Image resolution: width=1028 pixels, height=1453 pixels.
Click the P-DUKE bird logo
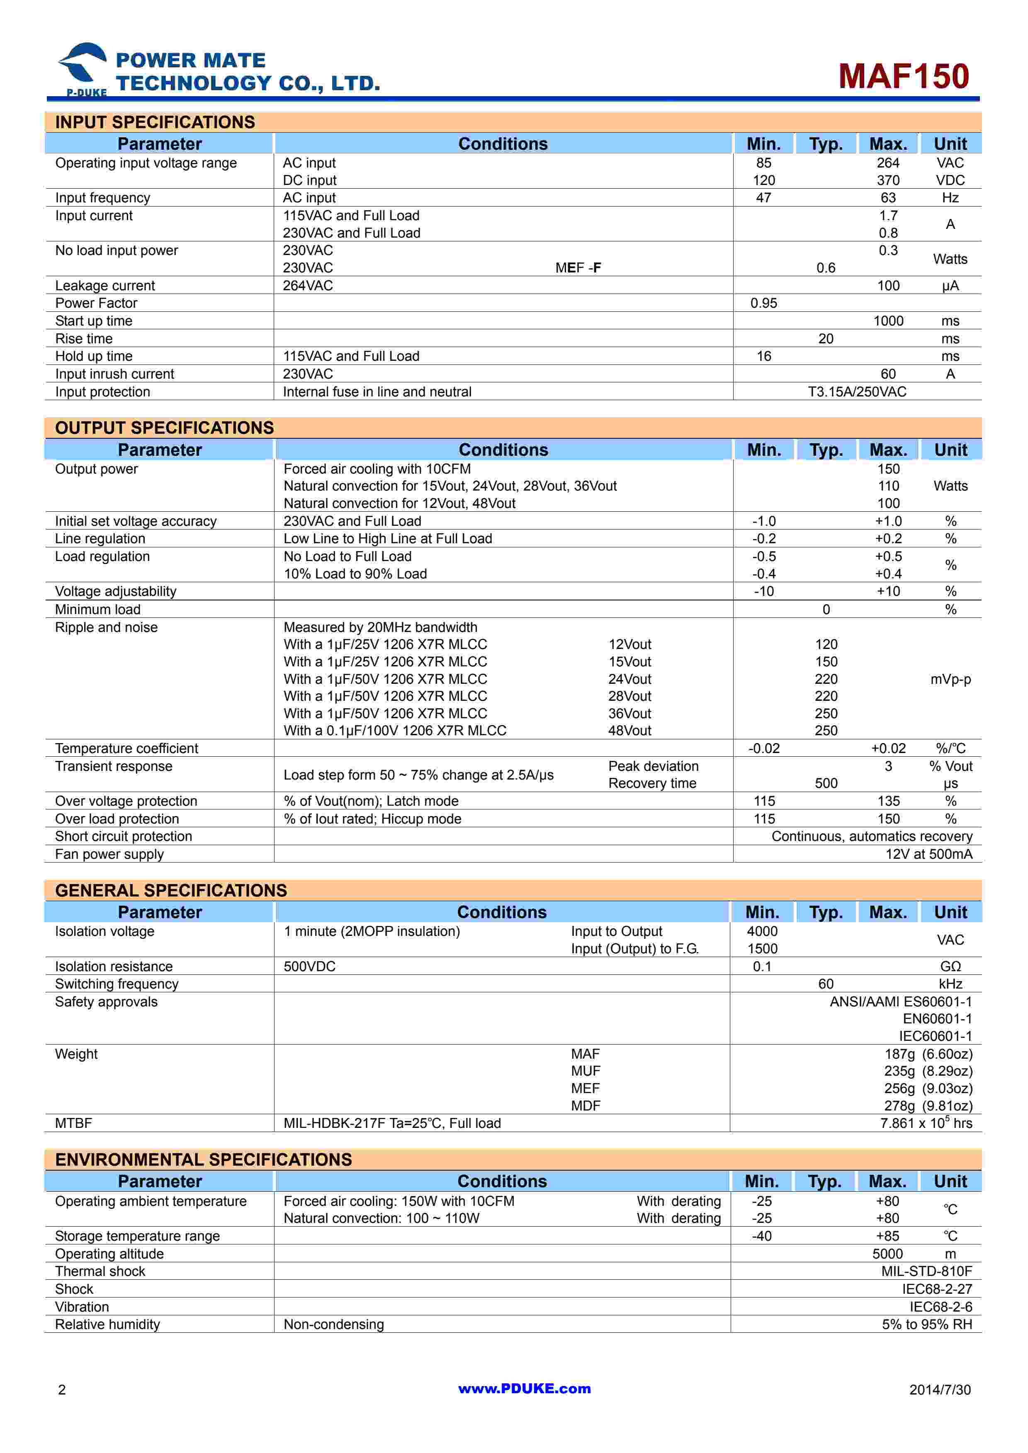pos(83,68)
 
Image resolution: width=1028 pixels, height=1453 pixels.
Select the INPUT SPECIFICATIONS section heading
pos(155,122)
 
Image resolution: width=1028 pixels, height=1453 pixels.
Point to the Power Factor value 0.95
pos(763,303)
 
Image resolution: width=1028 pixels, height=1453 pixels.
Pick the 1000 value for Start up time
pos(888,321)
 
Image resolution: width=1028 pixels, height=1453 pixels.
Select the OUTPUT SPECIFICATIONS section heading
pos(165,428)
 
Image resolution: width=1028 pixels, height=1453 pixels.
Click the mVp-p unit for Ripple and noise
pos(950,679)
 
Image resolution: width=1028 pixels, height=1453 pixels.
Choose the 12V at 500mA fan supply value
pos(928,854)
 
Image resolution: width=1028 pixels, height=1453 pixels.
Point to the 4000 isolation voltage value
pos(762,931)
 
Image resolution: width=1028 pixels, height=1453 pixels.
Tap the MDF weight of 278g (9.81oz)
pos(928,1106)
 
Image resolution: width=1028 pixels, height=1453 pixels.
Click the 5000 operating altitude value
pos(887,1253)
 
